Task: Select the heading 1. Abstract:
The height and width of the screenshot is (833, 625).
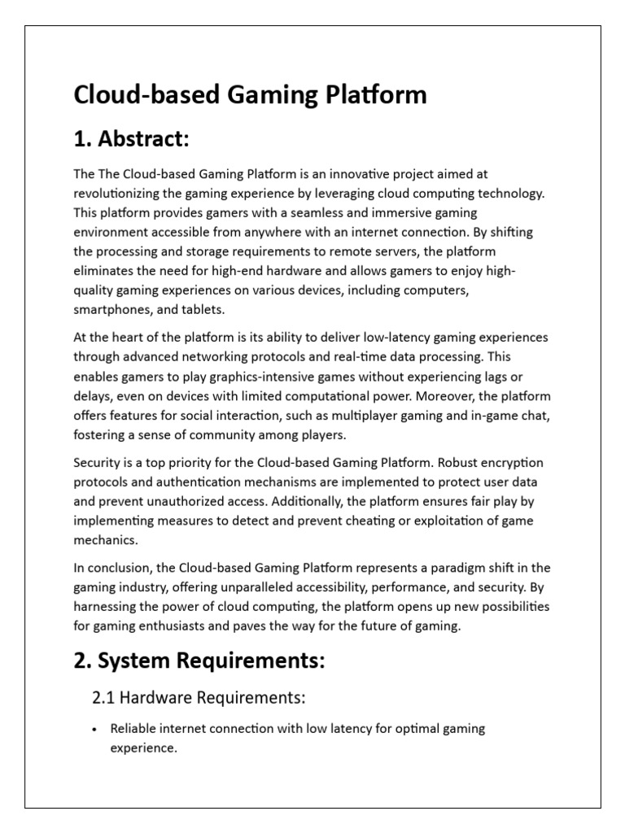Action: click(x=131, y=139)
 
